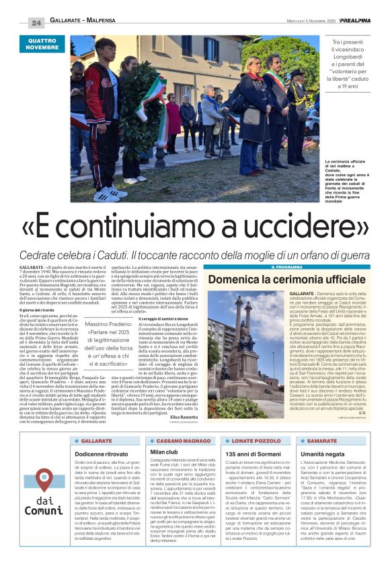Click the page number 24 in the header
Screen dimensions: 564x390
coord(36,23)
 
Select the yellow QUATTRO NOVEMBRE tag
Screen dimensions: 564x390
coord(42,45)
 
